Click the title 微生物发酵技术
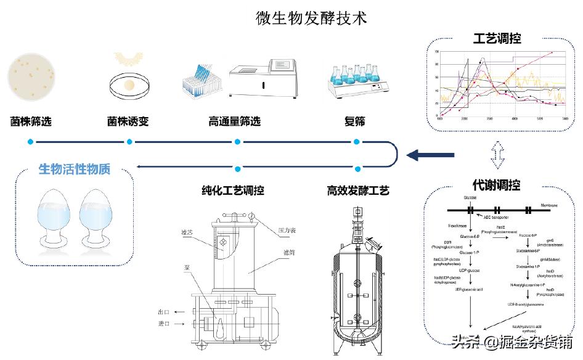[312, 18]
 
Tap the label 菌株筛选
[31, 121]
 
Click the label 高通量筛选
[235, 121]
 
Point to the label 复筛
[355, 121]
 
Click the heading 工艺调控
[497, 39]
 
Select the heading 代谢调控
[496, 185]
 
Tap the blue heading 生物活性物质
[75, 168]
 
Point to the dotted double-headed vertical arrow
[497, 155]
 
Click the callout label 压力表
[285, 230]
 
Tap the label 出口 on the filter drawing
[164, 313]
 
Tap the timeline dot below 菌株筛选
[30, 142]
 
